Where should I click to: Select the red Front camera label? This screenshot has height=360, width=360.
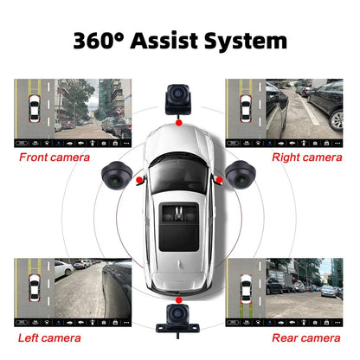point(55,157)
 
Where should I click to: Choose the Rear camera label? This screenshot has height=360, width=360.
point(304,337)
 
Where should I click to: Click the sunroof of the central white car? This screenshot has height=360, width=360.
point(180,216)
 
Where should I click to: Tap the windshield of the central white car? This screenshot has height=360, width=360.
point(180,177)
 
